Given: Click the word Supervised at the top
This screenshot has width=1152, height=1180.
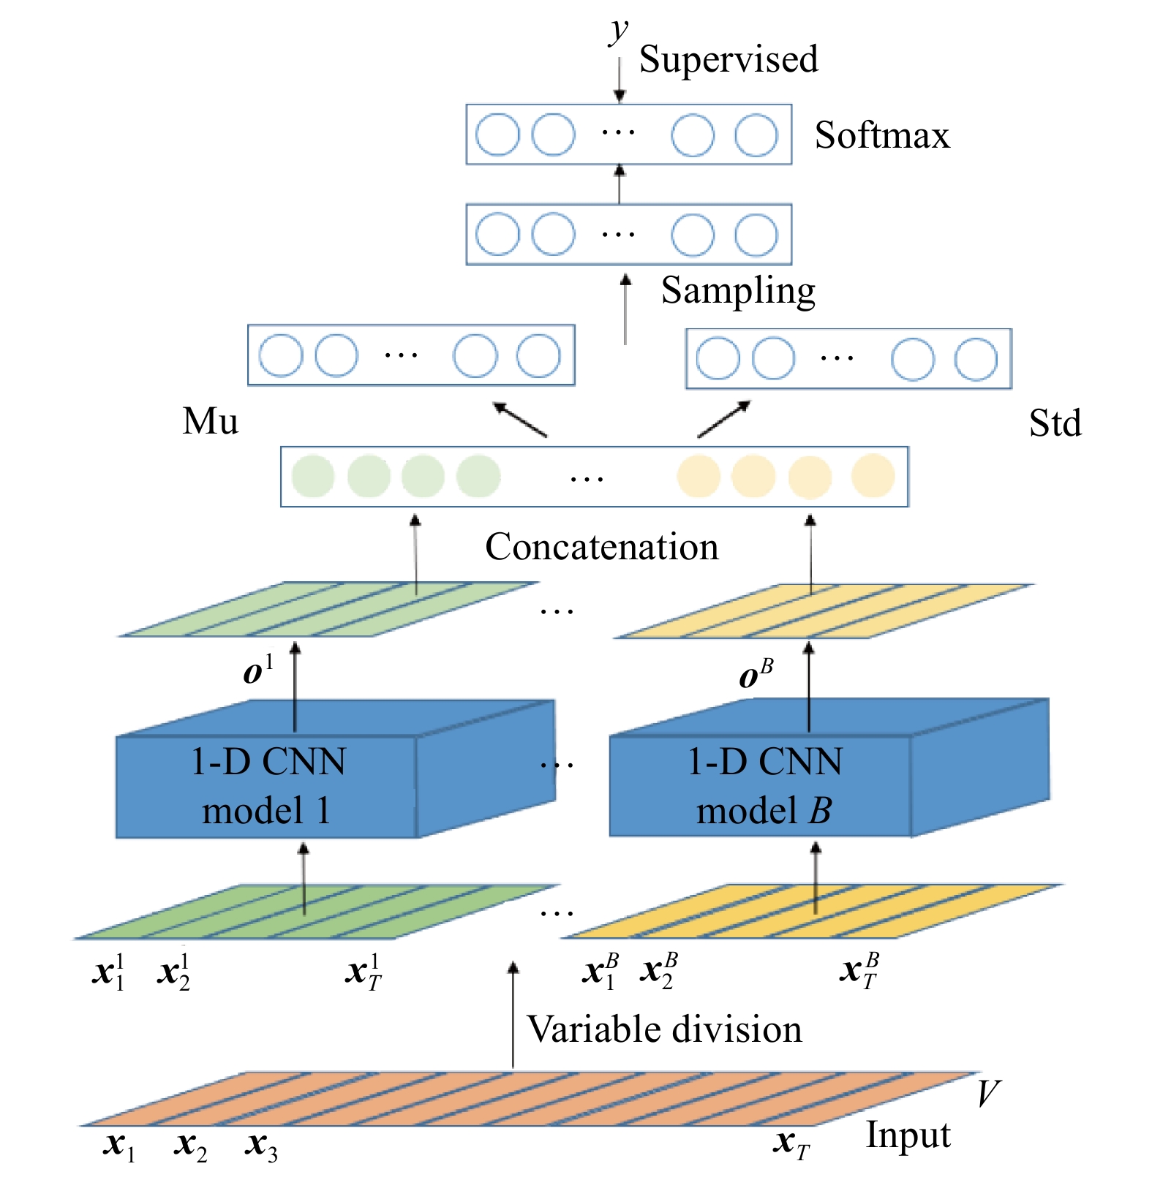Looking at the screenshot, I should coord(728,60).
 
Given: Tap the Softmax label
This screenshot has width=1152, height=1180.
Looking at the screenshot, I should coord(881,135).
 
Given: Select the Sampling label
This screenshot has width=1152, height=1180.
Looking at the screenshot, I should coord(737,291).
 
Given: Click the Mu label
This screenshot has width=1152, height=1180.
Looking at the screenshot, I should coord(210,422).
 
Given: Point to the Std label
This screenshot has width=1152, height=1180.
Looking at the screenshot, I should coord(1054,423).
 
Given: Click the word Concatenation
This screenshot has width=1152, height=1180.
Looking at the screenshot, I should coord(601,547).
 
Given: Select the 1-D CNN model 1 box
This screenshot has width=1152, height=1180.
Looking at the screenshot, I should coord(267,786).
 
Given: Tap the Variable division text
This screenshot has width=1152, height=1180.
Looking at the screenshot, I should coord(664,1029).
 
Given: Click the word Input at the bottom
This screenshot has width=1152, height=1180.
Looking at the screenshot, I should coord(908,1135).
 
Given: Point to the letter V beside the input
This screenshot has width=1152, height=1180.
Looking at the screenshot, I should coord(987,1094).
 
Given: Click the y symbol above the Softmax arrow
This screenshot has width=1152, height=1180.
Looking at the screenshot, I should coord(619,31).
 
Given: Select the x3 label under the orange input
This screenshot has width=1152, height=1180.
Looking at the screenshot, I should coord(261,1145).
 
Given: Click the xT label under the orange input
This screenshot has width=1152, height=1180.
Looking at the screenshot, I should coord(791,1143).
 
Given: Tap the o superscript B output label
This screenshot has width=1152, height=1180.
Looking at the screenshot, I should coord(756,674).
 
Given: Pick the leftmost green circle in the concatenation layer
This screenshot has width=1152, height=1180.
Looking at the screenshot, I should coord(313,476).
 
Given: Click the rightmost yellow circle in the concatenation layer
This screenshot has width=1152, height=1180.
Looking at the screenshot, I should coord(873,476).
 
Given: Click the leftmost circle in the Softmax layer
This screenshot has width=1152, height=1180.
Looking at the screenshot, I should coord(497,135).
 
